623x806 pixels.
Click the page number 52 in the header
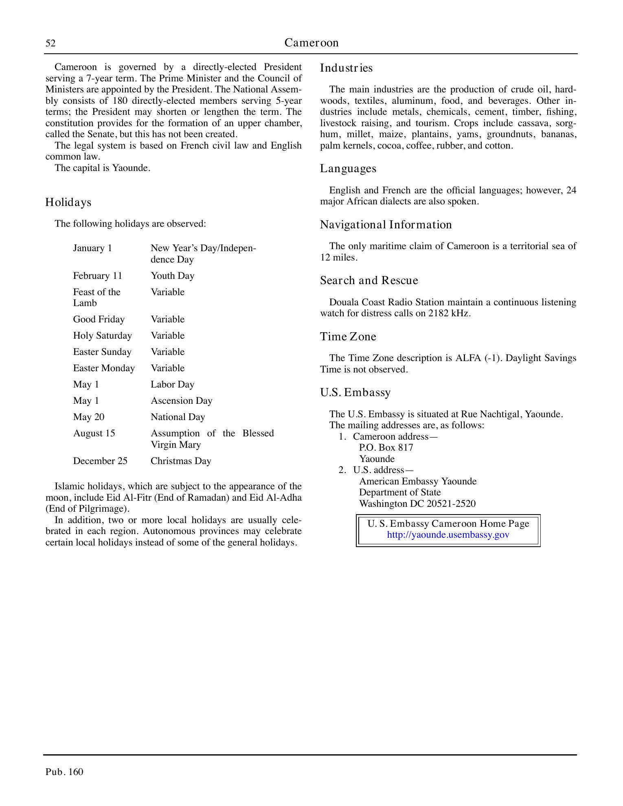[x=50, y=43]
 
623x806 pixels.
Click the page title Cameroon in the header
[x=311, y=43]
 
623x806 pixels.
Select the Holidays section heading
[x=68, y=202]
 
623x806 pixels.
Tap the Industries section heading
[x=346, y=68]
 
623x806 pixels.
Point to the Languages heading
[x=348, y=169]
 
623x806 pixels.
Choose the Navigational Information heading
[x=386, y=225]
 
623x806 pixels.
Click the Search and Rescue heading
[x=369, y=280]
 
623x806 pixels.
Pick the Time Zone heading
[x=348, y=337]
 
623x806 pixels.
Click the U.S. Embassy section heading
[x=355, y=392]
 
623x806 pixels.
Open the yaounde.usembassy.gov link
[x=448, y=534]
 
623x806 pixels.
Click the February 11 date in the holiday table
[x=98, y=276]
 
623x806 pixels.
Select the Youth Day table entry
[x=173, y=276]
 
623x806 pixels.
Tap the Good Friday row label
[x=99, y=320]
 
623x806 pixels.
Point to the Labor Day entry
[x=173, y=385]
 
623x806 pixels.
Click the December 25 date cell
[x=100, y=461]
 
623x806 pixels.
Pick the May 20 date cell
[x=89, y=417]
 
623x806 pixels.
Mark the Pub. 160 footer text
[x=64, y=772]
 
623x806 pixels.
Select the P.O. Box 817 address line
[x=386, y=448]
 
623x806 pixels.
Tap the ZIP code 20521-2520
[x=451, y=504]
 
